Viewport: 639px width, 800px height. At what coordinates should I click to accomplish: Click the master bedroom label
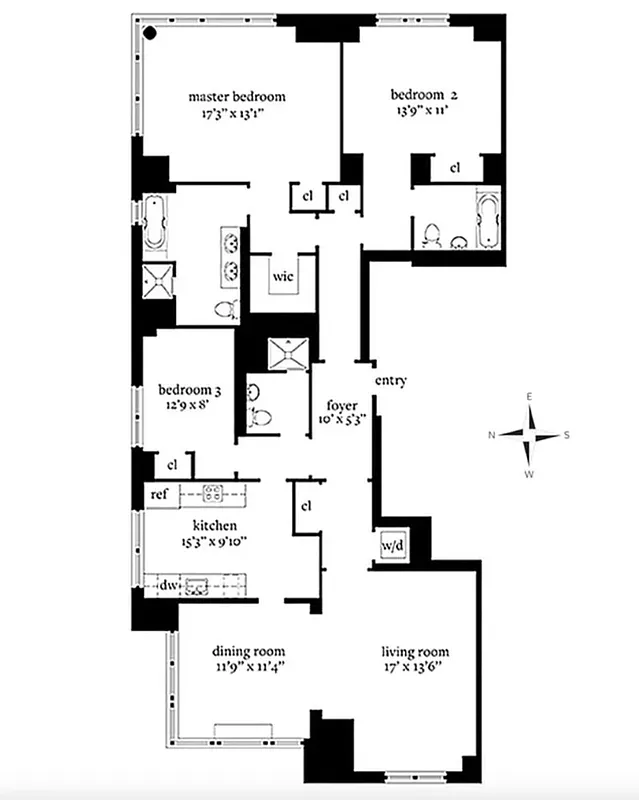point(237,97)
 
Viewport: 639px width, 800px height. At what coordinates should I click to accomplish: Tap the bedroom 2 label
point(423,95)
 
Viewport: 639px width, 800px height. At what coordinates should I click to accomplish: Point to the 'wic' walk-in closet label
point(283,277)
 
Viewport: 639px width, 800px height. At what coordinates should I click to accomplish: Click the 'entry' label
point(390,381)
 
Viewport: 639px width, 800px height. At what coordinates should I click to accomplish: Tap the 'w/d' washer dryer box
point(390,546)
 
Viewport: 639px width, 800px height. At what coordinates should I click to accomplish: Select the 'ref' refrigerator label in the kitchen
point(158,494)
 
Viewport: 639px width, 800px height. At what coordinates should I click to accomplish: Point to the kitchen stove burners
point(212,492)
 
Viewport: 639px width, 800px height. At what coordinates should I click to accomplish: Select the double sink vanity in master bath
point(230,255)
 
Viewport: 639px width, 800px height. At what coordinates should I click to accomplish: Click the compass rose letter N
point(492,435)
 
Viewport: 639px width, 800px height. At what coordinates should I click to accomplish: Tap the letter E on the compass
point(530,398)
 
